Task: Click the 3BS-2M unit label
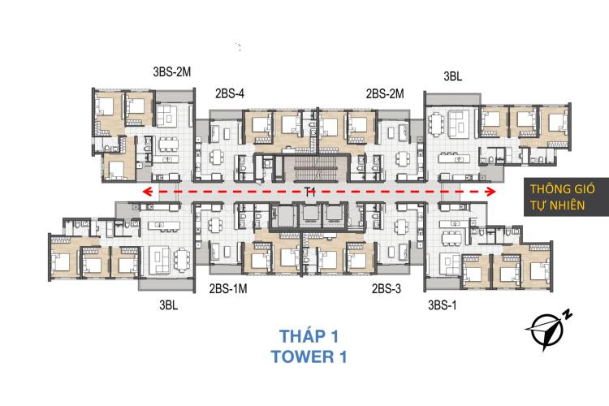[x=171, y=72]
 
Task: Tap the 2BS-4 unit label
[x=230, y=93]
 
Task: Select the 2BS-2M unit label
[x=385, y=93]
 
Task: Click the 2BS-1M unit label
[x=228, y=289]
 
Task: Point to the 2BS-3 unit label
[x=386, y=289]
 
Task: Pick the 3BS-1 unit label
[x=442, y=305]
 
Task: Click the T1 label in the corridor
[x=309, y=192]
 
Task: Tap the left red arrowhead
[x=146, y=191]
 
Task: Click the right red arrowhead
[x=491, y=191]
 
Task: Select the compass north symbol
[x=546, y=331]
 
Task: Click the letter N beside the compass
[x=568, y=314]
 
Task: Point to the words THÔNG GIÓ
[x=563, y=189]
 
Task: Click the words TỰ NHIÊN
[x=557, y=205]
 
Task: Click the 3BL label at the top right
[x=453, y=76]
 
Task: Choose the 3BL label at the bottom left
[x=169, y=305]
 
